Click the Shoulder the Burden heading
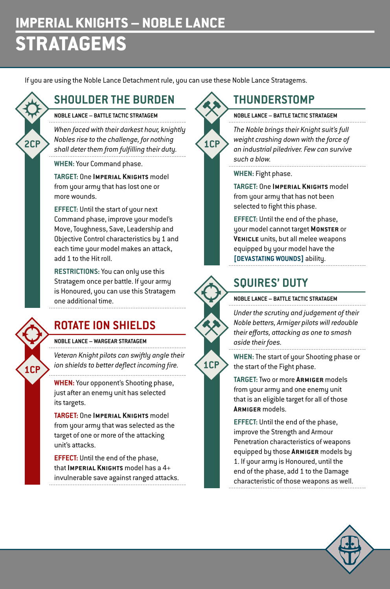tap(114, 100)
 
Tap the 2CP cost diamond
tap(32, 144)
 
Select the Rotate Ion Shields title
tap(105, 325)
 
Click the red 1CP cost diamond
tap(32, 370)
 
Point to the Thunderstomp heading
tap(274, 100)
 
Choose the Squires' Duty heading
tap(270, 283)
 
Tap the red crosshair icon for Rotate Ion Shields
tap(32, 334)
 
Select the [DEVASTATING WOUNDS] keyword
tap(269, 259)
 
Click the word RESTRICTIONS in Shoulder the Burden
tap(77, 272)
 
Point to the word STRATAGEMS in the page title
tap(71, 44)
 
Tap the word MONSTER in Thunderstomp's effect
tap(324, 229)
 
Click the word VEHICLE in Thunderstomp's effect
tap(246, 239)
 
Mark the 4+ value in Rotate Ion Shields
tap(166, 468)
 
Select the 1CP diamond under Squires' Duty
tap(212, 365)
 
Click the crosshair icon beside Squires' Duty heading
tap(212, 292)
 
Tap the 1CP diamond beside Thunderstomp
tap(212, 144)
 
